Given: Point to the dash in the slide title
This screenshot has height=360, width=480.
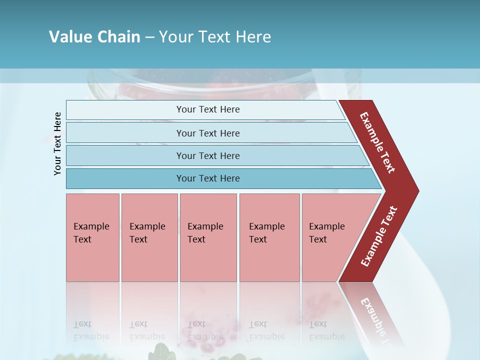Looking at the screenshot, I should pyautogui.click(x=149, y=37).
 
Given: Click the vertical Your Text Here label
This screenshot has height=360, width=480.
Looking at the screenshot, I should pyautogui.click(x=57, y=144).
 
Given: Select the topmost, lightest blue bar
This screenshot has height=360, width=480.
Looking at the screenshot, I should pyautogui.click(x=205, y=109).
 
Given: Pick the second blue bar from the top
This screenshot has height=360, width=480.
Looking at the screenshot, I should pyautogui.click(x=210, y=133).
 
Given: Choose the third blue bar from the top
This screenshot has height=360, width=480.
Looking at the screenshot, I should pyautogui.click(x=215, y=155).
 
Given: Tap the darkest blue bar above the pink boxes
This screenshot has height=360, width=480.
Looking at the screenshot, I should pyautogui.click(x=220, y=178).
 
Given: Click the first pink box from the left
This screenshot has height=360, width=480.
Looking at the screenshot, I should pyautogui.click(x=92, y=237).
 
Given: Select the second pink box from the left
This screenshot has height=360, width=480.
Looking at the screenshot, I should pyautogui.click(x=149, y=237).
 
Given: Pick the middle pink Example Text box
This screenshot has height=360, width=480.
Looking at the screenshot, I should pyautogui.click(x=208, y=237).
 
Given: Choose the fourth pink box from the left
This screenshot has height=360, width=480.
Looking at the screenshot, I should pyautogui.click(x=269, y=237).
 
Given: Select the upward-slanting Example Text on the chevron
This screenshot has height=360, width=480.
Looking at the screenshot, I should pyautogui.click(x=379, y=236).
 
